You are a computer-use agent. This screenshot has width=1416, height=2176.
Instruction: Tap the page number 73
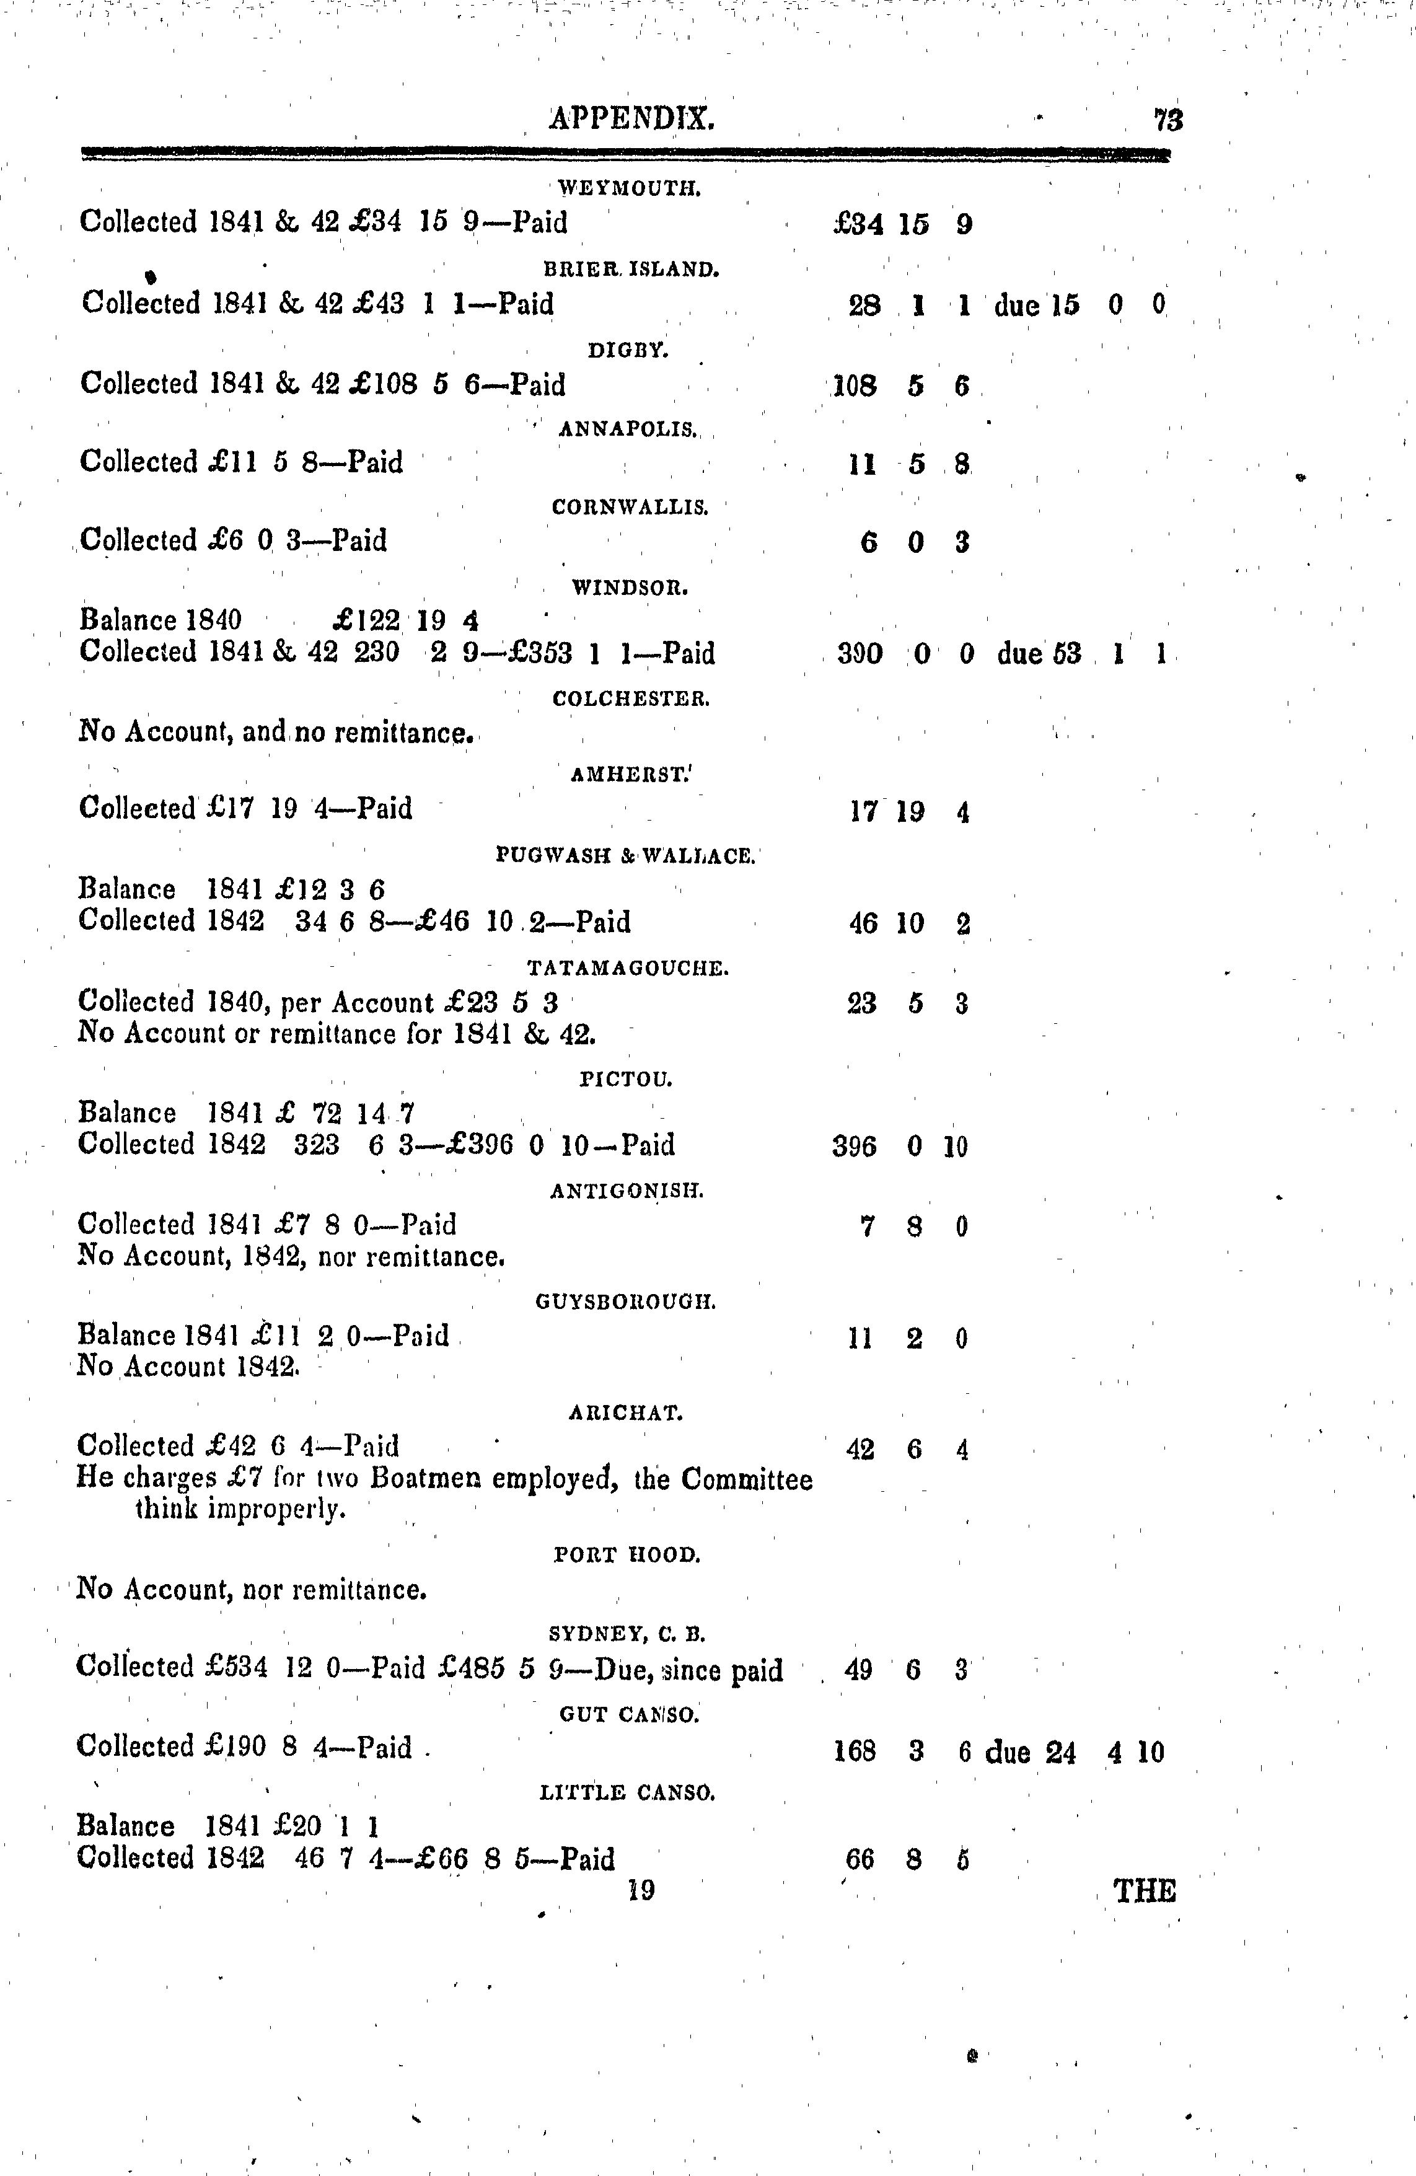click(1168, 120)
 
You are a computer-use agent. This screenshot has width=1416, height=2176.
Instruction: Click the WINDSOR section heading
click(630, 589)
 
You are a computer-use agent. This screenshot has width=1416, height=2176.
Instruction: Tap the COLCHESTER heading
click(631, 700)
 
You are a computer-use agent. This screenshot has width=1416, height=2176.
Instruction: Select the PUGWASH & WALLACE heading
click(625, 857)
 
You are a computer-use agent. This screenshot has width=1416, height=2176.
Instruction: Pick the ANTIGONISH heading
click(627, 1191)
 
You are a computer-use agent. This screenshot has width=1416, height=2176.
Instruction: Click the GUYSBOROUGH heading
click(626, 1302)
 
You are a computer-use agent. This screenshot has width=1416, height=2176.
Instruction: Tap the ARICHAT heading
click(626, 1414)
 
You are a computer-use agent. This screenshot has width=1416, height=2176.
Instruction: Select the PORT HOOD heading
click(627, 1555)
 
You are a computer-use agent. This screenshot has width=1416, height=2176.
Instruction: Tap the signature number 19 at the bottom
click(642, 1890)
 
